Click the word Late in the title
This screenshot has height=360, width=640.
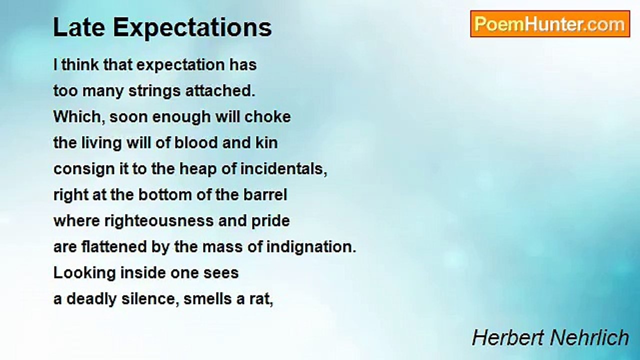coord(79,27)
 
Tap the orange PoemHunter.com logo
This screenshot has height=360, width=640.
coord(550,24)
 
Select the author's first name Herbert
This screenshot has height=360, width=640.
coord(508,337)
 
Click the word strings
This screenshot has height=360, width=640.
coord(154,91)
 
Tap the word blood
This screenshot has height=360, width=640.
coord(196,143)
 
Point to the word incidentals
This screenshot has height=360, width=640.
coord(283,169)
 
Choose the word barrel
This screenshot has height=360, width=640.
coord(265,195)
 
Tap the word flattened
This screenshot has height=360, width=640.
coord(114,247)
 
